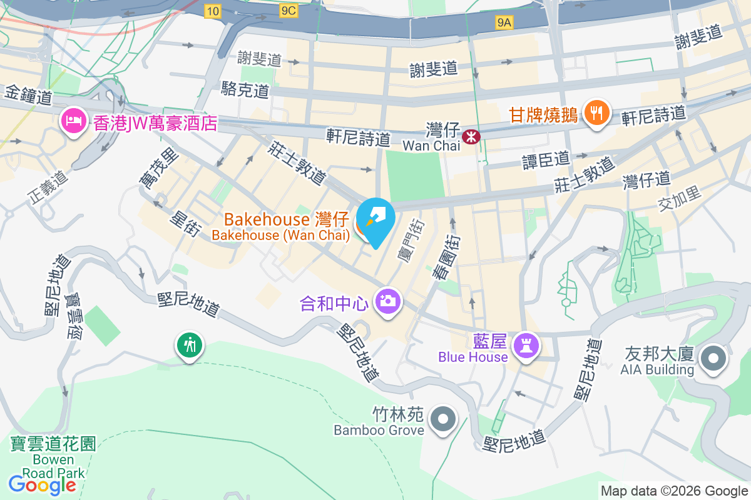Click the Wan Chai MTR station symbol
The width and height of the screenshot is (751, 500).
pyautogui.click(x=468, y=135)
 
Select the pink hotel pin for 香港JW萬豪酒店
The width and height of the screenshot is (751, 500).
pyautogui.click(x=73, y=121)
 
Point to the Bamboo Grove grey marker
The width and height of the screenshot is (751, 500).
pyautogui.click(x=444, y=419)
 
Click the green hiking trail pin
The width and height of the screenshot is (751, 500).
pyautogui.click(x=189, y=345)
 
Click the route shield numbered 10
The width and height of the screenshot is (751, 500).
pyautogui.click(x=212, y=10)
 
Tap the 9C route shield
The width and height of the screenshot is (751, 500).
pyautogui.click(x=289, y=10)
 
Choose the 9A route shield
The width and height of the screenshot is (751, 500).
pyautogui.click(x=504, y=23)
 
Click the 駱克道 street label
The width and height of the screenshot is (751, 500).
pyautogui.click(x=245, y=89)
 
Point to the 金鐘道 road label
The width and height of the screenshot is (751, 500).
pyautogui.click(x=28, y=96)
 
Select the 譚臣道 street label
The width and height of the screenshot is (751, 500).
pyautogui.click(x=546, y=160)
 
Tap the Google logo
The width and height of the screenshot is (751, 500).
pyautogui.click(x=42, y=485)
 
